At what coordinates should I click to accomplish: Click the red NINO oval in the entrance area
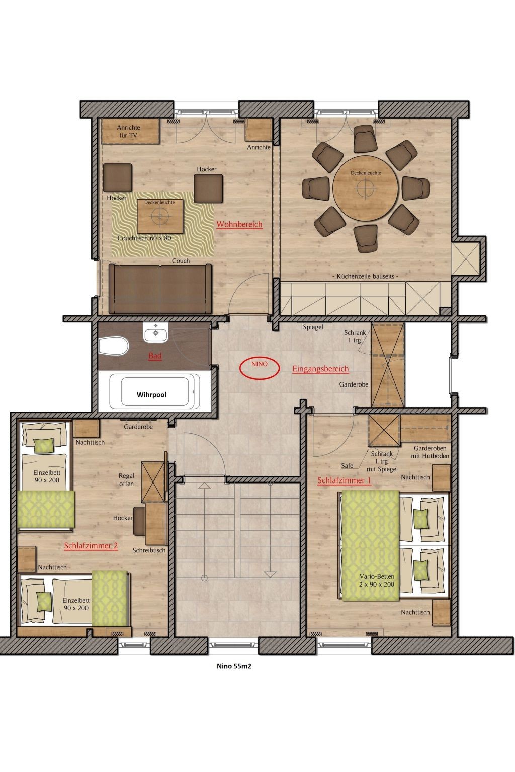[259, 368]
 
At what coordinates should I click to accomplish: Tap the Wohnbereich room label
[239, 224]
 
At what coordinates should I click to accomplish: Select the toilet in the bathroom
[114, 346]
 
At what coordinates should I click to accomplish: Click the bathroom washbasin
[156, 332]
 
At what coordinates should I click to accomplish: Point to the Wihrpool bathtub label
[151, 394]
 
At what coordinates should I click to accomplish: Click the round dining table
[366, 188]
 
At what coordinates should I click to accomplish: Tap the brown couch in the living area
[160, 289]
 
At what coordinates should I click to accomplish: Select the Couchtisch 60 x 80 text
[144, 238]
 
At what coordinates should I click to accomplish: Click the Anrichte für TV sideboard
[130, 131]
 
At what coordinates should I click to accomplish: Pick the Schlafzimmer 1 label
[344, 480]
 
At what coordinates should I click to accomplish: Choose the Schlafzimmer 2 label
[91, 545]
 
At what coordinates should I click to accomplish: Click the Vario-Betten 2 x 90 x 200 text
[377, 580]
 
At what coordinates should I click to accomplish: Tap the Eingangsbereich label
[320, 369]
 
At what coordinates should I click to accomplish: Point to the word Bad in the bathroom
[155, 356]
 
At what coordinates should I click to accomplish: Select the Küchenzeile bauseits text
[365, 276]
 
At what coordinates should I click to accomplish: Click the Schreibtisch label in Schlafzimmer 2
[149, 550]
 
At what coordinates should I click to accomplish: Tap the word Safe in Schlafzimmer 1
[347, 465]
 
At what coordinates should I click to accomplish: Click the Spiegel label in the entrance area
[313, 327]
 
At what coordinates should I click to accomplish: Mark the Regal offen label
[126, 480]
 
